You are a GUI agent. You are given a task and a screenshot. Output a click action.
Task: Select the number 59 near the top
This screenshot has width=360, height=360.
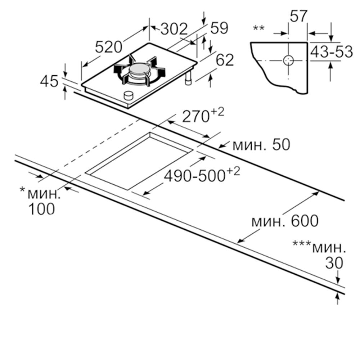point(219,28)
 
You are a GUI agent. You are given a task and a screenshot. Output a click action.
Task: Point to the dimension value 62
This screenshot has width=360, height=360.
point(225,60)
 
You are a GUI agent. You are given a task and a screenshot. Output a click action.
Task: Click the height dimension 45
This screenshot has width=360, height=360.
point(49,82)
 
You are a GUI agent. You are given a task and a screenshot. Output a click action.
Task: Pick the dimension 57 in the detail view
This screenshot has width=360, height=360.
point(298,16)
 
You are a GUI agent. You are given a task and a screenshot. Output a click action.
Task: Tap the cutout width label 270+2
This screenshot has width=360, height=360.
point(203,116)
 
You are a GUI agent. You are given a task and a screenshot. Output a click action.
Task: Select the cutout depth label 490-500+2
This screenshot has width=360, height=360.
point(202,175)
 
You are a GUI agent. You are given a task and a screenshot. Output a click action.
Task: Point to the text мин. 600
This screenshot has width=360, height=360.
point(285,221)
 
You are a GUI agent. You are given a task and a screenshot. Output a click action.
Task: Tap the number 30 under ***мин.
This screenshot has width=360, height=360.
point(334,263)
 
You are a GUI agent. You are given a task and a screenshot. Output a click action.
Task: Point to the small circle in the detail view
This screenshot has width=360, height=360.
point(288,60)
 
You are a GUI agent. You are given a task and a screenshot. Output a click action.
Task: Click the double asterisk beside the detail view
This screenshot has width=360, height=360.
point(258,28)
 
